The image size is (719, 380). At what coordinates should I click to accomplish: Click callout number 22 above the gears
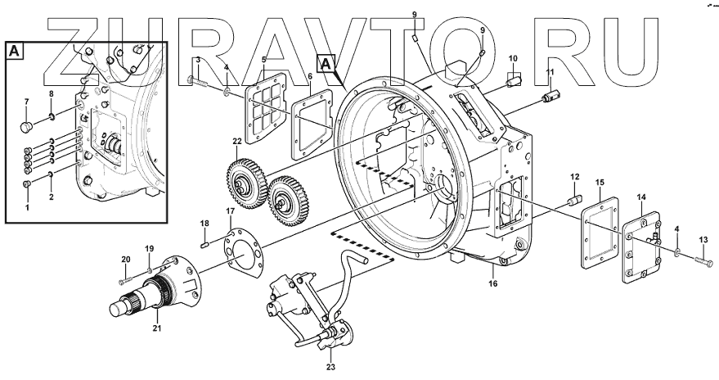click(x=236, y=141)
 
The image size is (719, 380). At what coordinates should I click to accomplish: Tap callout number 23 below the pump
click(x=330, y=367)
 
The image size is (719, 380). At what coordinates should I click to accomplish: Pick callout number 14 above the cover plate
click(x=641, y=197)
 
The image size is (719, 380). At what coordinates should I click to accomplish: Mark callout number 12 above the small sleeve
click(x=574, y=176)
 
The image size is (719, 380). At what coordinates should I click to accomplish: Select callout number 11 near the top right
click(x=550, y=73)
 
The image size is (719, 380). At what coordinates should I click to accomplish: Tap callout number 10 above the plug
click(x=513, y=59)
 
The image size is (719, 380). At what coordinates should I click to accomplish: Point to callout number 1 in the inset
click(x=26, y=207)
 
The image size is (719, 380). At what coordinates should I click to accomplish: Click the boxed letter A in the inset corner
click(x=16, y=51)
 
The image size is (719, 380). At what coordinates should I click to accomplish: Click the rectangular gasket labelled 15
click(x=599, y=232)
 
